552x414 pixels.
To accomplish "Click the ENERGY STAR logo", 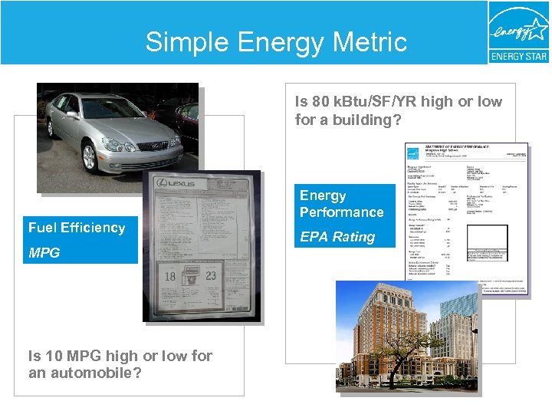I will click(518, 32).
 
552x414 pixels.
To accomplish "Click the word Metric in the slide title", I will click(362, 41).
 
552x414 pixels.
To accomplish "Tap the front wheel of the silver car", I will click(90, 156).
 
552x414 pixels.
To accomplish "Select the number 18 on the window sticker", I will click(170, 277).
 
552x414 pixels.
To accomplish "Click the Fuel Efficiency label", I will click(77, 228).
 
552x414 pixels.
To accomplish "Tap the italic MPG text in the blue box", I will click(44, 252).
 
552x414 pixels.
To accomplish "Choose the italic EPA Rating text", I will click(337, 237).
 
